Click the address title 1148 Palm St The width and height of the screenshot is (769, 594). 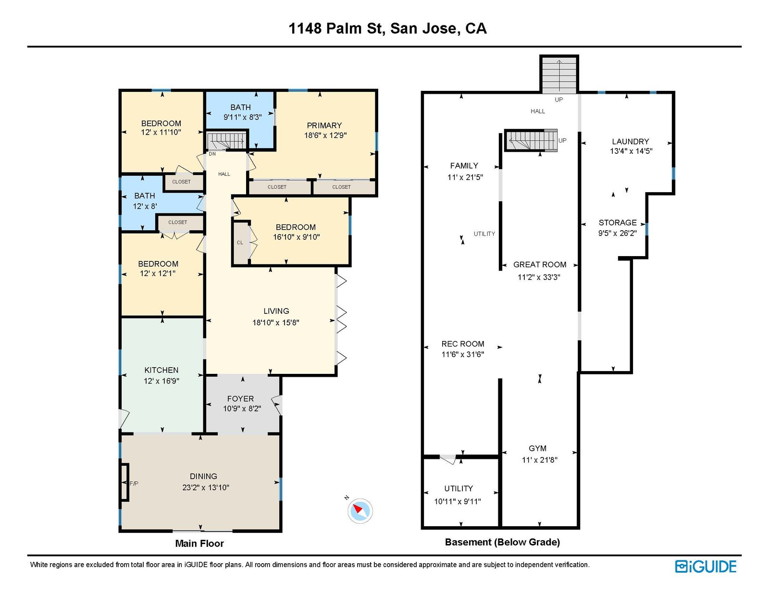387,28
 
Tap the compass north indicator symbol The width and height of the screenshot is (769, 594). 360,510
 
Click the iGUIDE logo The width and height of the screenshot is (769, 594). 706,567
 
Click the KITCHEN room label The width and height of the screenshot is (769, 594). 161,370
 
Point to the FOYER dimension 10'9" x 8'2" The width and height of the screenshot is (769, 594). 242,408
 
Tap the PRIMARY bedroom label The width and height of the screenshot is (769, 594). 324,125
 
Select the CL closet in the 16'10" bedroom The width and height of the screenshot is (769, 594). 240,243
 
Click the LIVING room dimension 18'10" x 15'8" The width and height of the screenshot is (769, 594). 276,322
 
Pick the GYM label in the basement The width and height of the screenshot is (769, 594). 537,448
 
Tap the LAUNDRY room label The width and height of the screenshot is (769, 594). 631,141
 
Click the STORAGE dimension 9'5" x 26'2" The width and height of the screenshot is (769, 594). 618,233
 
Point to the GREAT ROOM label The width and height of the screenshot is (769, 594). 540,264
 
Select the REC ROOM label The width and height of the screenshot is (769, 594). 463,344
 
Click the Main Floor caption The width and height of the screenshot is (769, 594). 199,544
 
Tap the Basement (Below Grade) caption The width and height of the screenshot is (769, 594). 502,542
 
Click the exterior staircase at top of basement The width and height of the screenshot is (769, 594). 559,75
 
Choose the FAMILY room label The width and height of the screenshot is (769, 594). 464,166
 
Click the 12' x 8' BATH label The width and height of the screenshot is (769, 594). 145,196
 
